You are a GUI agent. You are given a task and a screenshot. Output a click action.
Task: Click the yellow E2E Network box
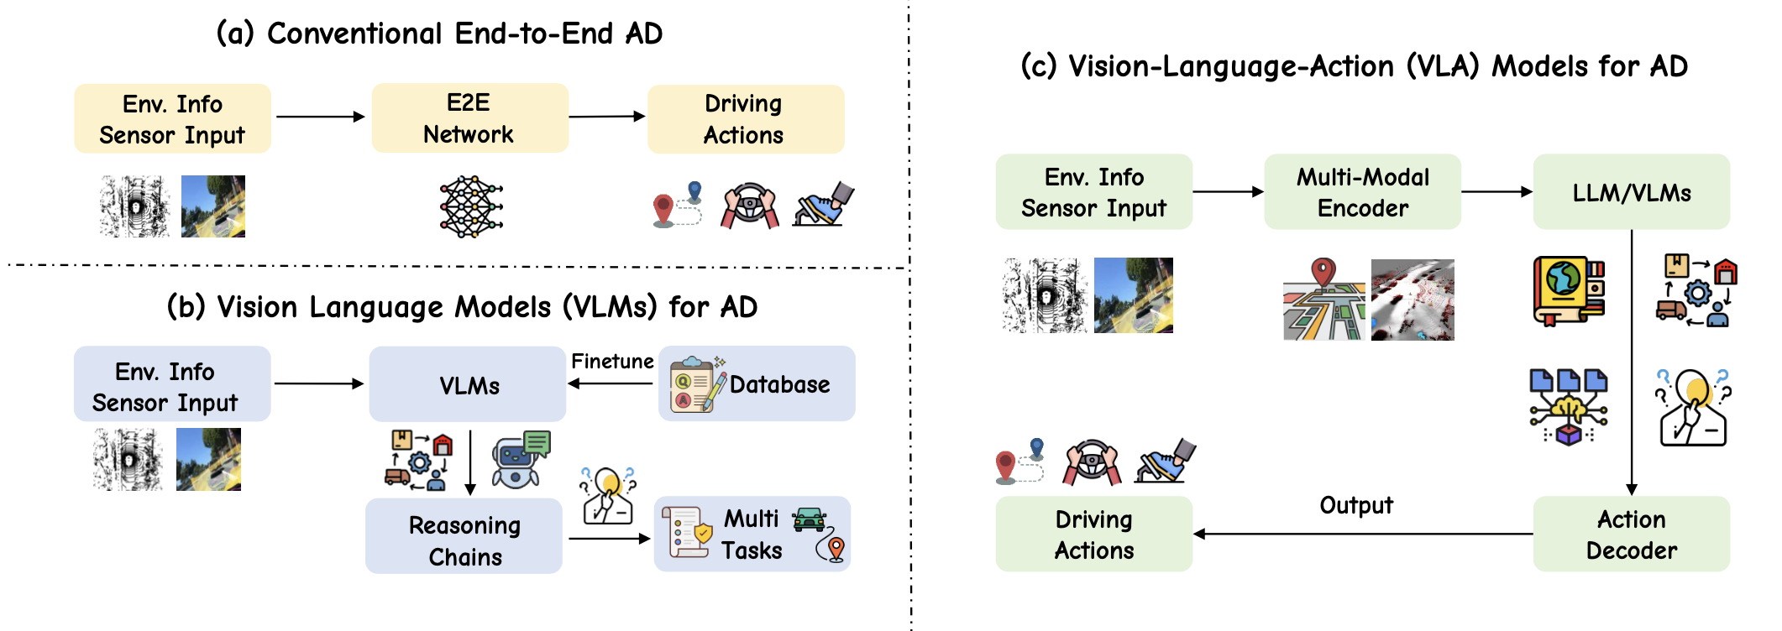pyautogui.click(x=470, y=117)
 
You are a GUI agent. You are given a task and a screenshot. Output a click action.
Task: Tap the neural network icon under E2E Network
pyautogui.click(x=471, y=206)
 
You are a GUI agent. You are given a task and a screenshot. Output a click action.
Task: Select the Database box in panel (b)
pyautogui.click(x=757, y=383)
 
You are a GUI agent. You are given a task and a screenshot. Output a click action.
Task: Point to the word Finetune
pyautogui.click(x=612, y=361)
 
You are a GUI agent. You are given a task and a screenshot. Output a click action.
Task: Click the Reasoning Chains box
pyautogui.click(x=464, y=536)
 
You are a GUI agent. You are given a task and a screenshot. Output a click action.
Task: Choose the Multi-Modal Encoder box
pyautogui.click(x=1362, y=191)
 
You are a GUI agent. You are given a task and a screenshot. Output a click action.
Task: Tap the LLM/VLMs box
pyautogui.click(x=1632, y=191)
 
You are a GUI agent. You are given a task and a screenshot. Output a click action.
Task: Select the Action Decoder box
pyautogui.click(x=1632, y=534)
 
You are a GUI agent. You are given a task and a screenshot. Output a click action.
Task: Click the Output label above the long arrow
pyautogui.click(x=1356, y=505)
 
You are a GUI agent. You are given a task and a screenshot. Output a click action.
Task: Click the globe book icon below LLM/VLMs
pyautogui.click(x=1569, y=290)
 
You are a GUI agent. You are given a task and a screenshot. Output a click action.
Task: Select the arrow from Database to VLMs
pyautogui.click(x=611, y=383)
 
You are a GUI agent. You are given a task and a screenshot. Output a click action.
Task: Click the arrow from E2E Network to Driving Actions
pyautogui.click(x=607, y=116)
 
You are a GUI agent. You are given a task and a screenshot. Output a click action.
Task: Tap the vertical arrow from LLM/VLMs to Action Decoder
pyautogui.click(x=1632, y=362)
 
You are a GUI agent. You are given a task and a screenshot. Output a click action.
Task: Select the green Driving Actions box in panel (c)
pyautogui.click(x=1093, y=534)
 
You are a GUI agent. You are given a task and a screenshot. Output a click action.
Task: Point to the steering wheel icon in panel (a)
pyautogui.click(x=749, y=206)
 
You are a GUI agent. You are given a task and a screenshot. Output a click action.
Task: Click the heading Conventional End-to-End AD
pyautogui.click(x=464, y=34)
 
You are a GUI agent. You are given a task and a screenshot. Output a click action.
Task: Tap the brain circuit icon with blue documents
pyautogui.click(x=1569, y=407)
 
